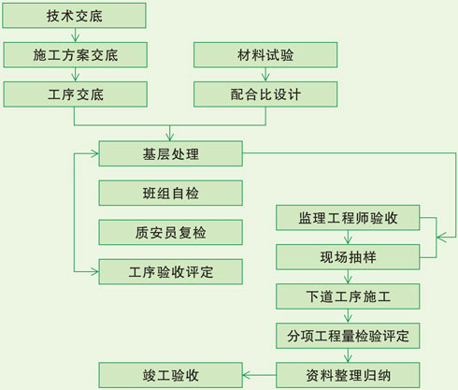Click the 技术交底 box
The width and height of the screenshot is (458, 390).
74,16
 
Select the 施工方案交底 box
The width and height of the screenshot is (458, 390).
76,55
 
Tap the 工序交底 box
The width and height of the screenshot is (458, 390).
76,94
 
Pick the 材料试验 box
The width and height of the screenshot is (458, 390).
265,55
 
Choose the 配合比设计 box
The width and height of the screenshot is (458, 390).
265,94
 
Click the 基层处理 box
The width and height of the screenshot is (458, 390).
171,153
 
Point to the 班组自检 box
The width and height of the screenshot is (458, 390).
171,193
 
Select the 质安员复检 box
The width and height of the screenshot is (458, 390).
171,232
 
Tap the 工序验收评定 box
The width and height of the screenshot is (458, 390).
171,272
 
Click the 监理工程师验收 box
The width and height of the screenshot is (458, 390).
348,218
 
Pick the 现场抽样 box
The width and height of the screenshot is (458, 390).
348,257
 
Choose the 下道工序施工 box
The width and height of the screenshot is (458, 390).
348,296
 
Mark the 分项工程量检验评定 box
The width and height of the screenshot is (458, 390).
348,336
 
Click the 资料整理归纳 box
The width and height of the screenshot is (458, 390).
348,375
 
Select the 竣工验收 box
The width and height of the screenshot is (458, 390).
171,375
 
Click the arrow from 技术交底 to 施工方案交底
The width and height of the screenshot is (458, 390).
75,36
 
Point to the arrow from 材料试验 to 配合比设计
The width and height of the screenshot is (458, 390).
265,75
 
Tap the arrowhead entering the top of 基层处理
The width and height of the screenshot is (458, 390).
170,137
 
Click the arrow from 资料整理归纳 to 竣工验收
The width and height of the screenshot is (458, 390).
259,375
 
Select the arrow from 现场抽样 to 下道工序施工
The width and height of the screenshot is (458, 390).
348,277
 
